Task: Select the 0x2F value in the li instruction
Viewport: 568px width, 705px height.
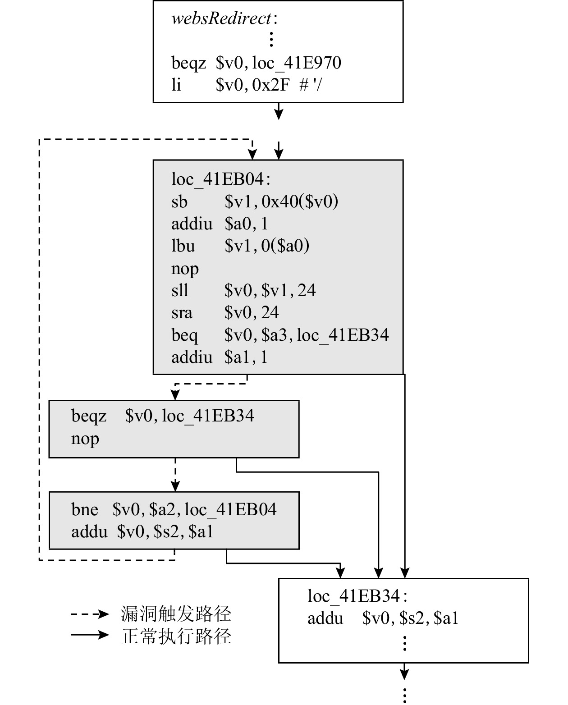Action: tap(271, 84)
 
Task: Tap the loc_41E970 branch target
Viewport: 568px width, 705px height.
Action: tap(297, 63)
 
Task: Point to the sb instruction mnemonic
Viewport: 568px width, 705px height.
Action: tap(179, 201)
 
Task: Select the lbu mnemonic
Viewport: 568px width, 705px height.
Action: tap(183, 246)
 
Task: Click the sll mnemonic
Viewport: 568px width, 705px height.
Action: tap(180, 290)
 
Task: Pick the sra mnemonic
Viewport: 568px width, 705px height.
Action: tap(182, 312)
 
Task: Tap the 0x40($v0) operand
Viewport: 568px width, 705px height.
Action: tap(300, 201)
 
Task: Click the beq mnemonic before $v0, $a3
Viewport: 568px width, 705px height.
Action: tap(184, 335)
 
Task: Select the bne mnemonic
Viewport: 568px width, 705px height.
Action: tap(85, 509)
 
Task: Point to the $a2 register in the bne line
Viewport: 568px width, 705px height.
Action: tap(160, 509)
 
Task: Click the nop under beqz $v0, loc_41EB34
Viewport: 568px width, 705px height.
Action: tap(85, 438)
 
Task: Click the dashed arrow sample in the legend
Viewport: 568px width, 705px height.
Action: tap(90, 614)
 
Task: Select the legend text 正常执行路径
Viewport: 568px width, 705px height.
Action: tap(176, 636)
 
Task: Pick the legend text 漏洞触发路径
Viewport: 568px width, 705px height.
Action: tap(176, 614)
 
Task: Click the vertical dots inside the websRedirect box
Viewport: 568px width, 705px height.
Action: tap(271, 40)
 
